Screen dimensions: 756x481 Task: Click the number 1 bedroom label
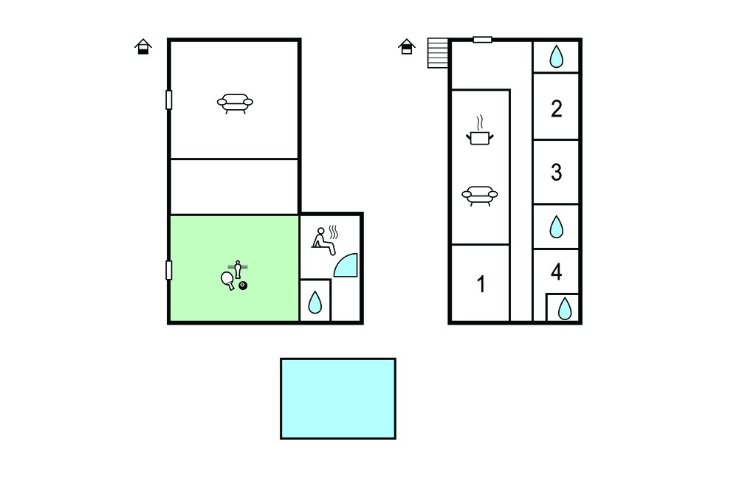point(481,284)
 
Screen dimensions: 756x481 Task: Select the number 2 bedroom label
point(557,109)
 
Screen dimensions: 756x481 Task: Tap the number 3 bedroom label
point(557,172)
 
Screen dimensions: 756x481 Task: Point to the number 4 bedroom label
point(557,271)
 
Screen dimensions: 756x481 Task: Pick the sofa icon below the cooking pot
point(480,195)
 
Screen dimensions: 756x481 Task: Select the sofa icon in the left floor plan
point(235,103)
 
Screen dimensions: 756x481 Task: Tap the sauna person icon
point(325,240)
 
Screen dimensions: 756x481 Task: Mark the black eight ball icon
point(243,286)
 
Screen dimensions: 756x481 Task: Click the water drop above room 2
point(557,56)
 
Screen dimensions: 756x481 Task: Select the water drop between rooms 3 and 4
point(557,226)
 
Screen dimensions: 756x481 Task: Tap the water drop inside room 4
point(565,308)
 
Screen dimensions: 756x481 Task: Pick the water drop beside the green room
point(315,302)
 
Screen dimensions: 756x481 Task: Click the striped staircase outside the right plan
point(438,53)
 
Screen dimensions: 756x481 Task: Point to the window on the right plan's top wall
point(482,40)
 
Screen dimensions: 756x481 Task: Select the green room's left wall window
point(169,270)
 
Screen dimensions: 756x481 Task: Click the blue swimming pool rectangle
point(338,398)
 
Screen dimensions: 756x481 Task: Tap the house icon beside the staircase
point(407,46)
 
